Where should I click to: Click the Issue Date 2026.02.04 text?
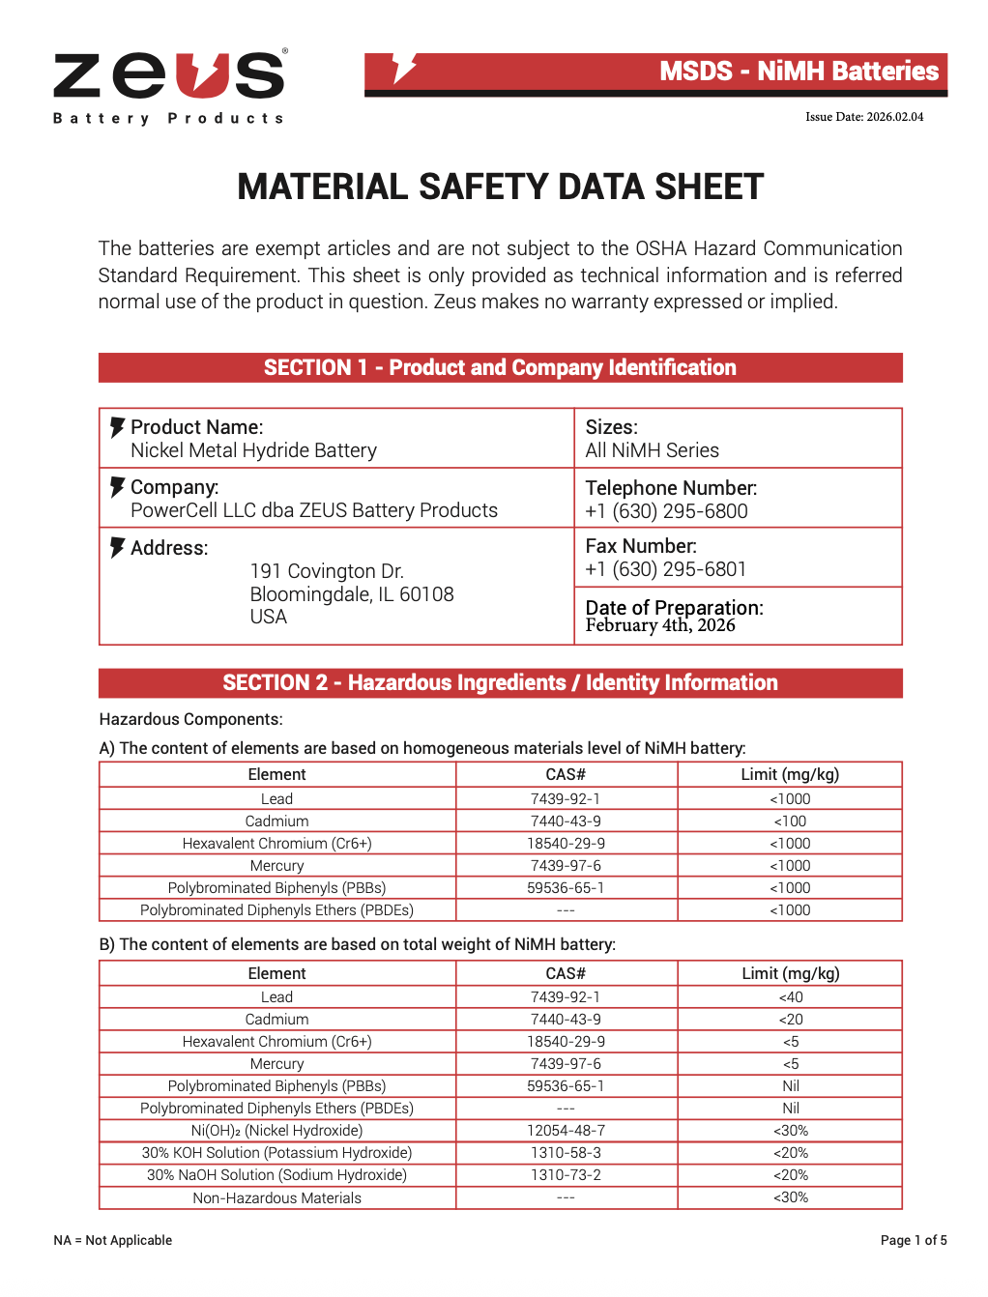point(864,117)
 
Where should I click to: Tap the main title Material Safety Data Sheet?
point(500,187)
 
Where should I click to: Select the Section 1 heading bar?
point(500,367)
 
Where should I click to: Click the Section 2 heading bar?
point(500,682)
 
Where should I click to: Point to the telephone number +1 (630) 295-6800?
point(666,511)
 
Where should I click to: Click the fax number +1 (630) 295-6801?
point(666,569)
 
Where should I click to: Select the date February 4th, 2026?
point(660,625)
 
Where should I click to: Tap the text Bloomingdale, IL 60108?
point(352,594)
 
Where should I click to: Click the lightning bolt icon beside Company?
point(117,487)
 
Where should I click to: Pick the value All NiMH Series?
point(653,450)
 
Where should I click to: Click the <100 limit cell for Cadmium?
point(790,821)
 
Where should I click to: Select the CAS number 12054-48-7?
point(566,1131)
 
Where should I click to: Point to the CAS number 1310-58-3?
point(566,1153)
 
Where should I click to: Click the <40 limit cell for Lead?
point(790,997)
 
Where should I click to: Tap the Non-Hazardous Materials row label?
point(276,1198)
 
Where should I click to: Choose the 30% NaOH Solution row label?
point(276,1175)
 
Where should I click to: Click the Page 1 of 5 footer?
point(914,1241)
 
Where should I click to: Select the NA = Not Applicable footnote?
point(113,1241)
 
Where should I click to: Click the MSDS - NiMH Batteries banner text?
point(799,72)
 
